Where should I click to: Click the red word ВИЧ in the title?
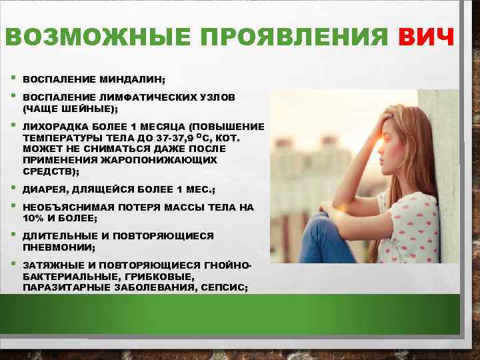click(x=427, y=38)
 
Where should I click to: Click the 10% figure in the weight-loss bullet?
click(x=32, y=218)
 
